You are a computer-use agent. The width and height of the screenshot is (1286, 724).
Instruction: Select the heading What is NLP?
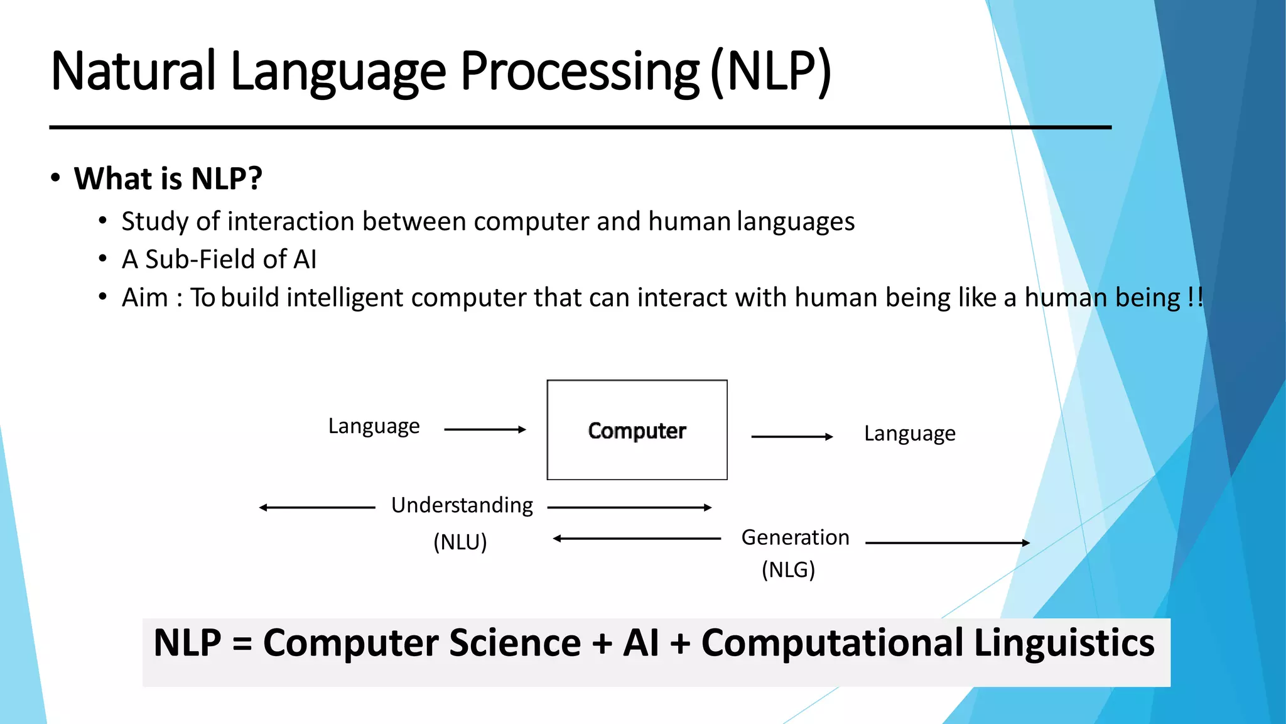(168, 178)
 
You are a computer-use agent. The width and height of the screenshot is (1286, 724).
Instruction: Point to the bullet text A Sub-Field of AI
(219, 260)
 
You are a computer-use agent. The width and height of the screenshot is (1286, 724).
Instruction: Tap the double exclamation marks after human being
(1196, 297)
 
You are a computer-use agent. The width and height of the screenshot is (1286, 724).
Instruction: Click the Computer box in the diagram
(637, 431)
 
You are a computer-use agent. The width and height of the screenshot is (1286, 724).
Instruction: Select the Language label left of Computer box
(374, 426)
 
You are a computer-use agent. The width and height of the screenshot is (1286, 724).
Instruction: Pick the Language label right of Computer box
(909, 434)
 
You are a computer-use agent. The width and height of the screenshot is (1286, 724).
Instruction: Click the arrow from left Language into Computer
(485, 429)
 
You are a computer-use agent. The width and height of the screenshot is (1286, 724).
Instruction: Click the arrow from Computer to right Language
(792, 436)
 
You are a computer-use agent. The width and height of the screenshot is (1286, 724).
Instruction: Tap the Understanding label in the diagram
(462, 505)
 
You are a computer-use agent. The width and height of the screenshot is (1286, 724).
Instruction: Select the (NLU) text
(460, 542)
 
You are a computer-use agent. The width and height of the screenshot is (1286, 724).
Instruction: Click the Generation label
(795, 538)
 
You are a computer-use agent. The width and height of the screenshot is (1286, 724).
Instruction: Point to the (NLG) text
(788, 570)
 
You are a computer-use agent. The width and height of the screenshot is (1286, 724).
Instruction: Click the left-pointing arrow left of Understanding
(316, 507)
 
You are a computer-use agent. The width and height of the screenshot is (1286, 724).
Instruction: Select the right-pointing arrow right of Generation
(947, 542)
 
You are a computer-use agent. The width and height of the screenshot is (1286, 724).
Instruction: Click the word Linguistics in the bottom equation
(1064, 643)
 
